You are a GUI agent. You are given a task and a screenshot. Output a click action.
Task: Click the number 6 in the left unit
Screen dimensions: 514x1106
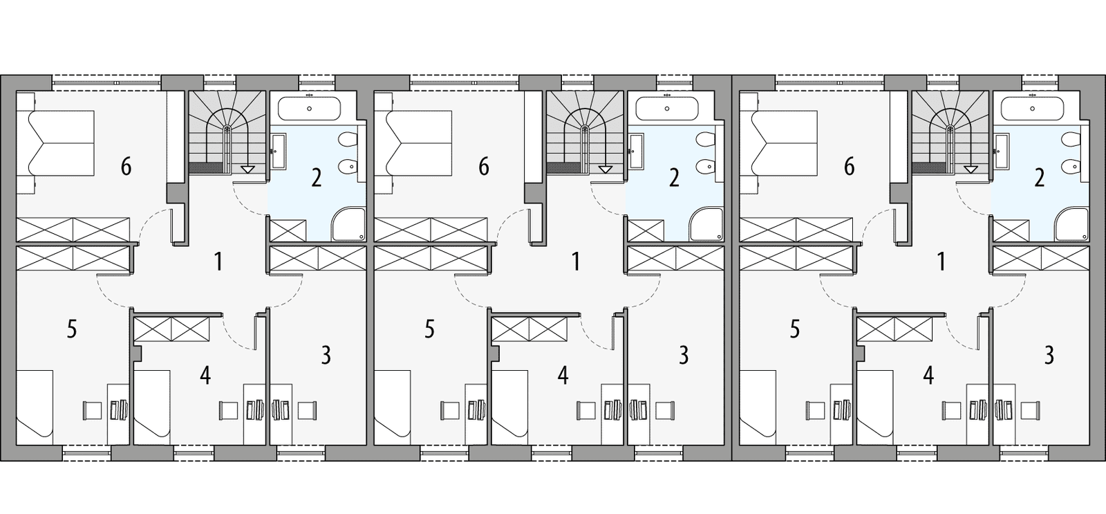point(126,167)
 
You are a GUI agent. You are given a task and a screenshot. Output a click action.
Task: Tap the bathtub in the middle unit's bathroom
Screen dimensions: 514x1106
point(667,109)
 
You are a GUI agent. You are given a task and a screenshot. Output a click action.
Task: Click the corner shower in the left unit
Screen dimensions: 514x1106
point(349,226)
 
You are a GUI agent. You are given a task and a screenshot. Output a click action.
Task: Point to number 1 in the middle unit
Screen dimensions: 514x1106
point(575,261)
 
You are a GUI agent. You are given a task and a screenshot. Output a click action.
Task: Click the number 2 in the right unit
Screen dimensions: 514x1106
point(1039,178)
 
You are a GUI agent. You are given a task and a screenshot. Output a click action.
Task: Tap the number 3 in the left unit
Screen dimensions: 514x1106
point(326,355)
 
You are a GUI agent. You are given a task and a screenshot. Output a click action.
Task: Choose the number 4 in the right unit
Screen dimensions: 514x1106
point(928,375)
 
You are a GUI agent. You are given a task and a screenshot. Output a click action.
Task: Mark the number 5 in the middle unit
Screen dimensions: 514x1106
point(429,329)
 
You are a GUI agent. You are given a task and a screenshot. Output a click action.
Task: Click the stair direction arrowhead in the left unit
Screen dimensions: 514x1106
point(247,168)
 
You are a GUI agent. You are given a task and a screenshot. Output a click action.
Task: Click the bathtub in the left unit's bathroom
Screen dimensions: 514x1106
point(309,109)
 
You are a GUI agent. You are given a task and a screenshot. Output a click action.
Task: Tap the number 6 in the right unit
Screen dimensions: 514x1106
point(849,167)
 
